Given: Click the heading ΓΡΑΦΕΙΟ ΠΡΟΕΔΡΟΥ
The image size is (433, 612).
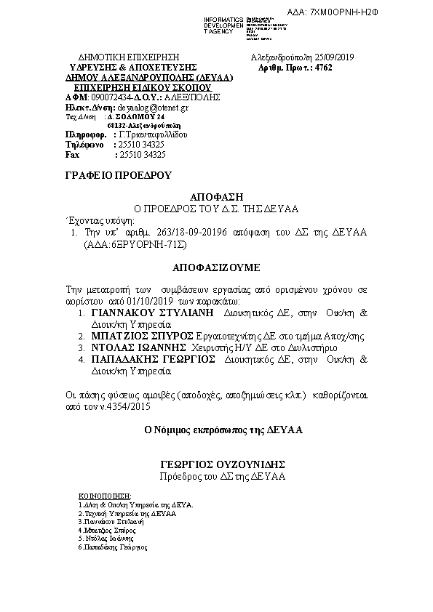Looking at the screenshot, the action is click(x=106, y=175).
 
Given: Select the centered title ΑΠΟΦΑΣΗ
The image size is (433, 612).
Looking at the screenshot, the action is click(x=215, y=197).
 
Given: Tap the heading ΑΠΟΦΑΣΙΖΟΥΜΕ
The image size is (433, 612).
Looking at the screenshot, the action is click(x=215, y=267).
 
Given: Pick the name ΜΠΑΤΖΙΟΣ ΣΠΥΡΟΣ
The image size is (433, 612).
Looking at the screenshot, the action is click(x=143, y=337).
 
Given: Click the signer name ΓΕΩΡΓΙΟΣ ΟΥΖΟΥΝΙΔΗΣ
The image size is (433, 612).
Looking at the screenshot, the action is click(x=222, y=464).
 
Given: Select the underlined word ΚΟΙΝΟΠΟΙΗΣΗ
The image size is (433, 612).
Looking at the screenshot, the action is click(x=98, y=494).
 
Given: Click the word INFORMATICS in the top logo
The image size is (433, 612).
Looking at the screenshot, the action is click(x=223, y=18).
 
